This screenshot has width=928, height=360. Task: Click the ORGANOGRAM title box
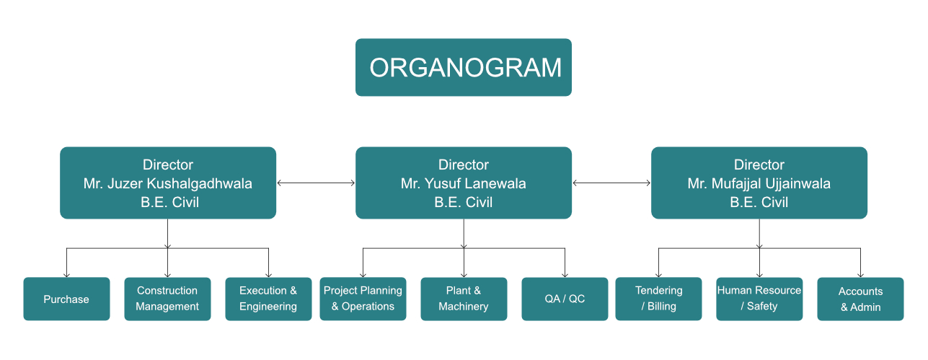click(x=463, y=68)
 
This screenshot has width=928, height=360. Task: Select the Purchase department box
click(x=66, y=299)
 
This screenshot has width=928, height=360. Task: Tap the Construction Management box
click(x=167, y=299)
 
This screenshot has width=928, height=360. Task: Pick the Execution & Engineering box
click(x=268, y=299)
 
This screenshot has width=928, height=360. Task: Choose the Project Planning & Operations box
click(x=363, y=299)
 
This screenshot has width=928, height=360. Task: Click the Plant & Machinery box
click(x=464, y=299)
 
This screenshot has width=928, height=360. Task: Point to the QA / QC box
click(x=565, y=299)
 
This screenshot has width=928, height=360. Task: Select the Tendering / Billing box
click(x=659, y=299)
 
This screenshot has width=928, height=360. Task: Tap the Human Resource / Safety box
click(x=759, y=299)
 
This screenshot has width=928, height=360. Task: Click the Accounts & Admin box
click(x=860, y=299)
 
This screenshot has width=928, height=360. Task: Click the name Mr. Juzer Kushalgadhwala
click(x=168, y=183)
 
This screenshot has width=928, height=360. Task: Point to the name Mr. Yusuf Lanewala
click(x=463, y=183)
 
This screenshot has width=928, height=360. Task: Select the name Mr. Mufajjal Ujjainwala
click(x=759, y=183)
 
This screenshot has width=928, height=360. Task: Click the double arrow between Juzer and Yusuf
click(x=316, y=183)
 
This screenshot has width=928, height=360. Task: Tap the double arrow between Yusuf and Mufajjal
click(x=611, y=183)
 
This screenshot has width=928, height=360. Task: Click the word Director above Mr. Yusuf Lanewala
click(x=464, y=165)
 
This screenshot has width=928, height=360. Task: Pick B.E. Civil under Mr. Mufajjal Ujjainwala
click(x=759, y=202)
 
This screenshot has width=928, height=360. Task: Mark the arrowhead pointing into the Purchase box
click(x=66, y=275)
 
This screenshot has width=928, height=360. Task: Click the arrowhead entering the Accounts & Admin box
click(x=860, y=275)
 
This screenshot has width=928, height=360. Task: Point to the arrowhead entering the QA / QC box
click(x=565, y=275)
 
